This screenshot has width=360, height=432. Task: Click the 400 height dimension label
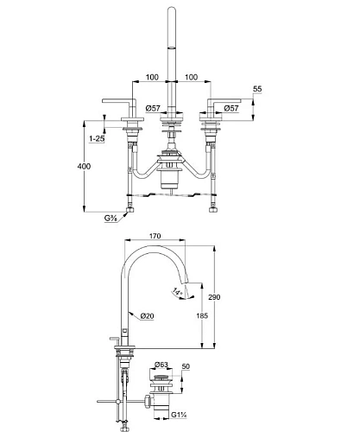[x=84, y=166]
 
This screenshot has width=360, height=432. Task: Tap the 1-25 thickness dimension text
[x=97, y=139]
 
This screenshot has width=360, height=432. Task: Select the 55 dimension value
[x=257, y=89]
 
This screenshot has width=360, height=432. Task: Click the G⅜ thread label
[x=111, y=219]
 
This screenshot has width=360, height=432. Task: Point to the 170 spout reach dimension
[x=155, y=236]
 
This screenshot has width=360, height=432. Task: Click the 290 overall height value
[x=214, y=297]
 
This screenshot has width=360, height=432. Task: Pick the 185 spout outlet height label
[x=202, y=315]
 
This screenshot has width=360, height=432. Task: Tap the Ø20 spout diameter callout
[x=148, y=316]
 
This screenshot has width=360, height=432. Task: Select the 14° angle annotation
[x=178, y=291]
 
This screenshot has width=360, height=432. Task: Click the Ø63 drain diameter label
[x=161, y=365]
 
